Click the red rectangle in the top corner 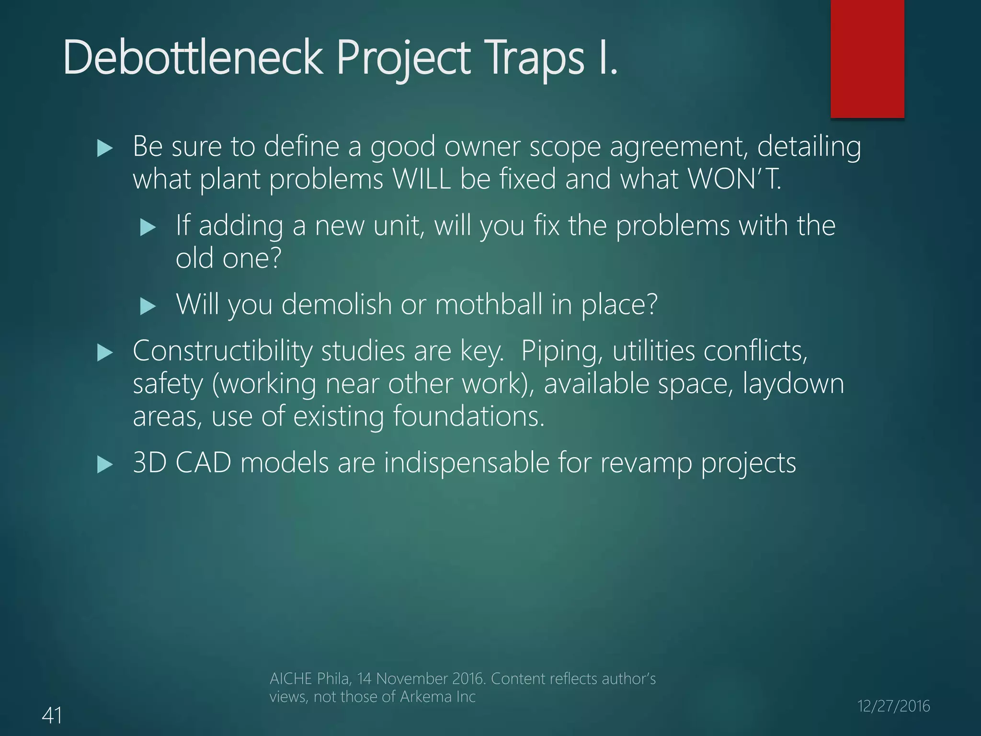point(867,58)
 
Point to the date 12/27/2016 point(893,706)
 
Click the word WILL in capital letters point(422,179)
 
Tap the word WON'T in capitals point(733,179)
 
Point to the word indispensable point(466,463)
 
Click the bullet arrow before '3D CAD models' point(104,465)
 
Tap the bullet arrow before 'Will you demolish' point(148,306)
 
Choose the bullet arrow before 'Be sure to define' point(104,149)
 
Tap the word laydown point(793,384)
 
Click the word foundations point(469,416)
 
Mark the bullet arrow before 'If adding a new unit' point(148,227)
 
